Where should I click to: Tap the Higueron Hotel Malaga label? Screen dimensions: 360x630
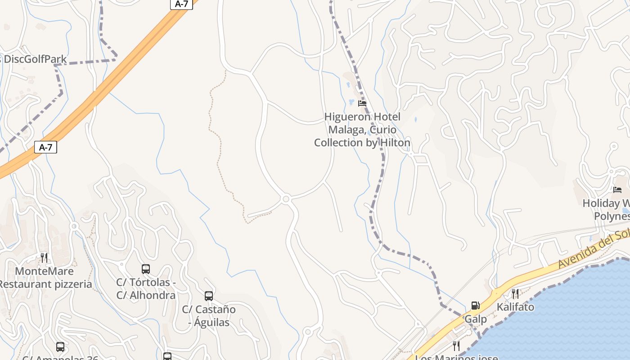coord(362,130)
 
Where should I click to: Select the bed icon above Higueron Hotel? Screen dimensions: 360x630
coord(362,103)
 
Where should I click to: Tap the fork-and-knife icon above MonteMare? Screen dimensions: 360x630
coord(44,257)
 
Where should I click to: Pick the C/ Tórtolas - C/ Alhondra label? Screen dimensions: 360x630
coord(146,289)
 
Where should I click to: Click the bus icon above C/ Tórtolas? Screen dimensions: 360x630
coord(146,269)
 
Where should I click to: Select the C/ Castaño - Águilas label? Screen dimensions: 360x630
coord(209,316)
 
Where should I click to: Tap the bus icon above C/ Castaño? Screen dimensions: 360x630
coord(209,296)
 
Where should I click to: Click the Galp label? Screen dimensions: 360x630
coord(476,319)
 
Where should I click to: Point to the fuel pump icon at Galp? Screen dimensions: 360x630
coord(475,306)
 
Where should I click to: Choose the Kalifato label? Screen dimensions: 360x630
coord(515,307)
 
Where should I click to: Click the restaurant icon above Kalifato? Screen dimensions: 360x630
coord(515,294)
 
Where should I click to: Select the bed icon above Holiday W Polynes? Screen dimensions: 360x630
coord(617,190)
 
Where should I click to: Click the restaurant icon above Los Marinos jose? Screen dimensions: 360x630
coord(456,346)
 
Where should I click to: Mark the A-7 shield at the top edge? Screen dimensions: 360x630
coord(181,4)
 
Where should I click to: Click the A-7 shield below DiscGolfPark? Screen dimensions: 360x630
coord(46,147)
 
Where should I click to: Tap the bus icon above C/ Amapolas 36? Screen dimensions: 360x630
coord(60,347)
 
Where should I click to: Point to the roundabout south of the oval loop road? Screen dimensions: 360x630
coord(286,198)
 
